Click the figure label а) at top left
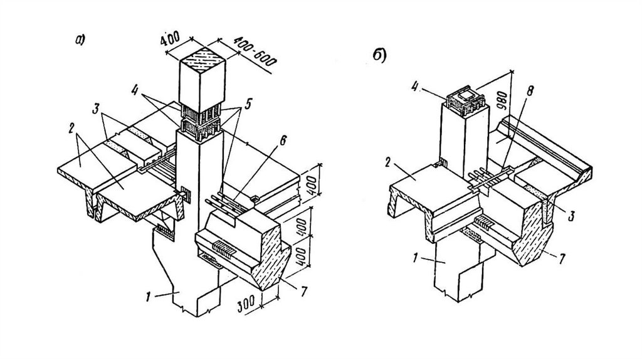pos(81,40)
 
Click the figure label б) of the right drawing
pos(379,56)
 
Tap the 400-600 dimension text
pos(255,51)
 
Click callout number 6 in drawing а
pos(283,140)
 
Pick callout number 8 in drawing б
pos(530,91)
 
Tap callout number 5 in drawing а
pos(247,104)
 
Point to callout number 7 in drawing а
pos(303,291)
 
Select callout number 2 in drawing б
pos(387,163)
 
